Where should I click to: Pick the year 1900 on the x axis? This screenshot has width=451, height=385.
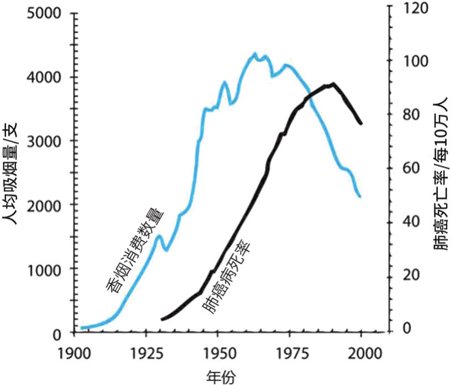(74, 352)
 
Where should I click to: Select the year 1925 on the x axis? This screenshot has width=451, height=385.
(146, 352)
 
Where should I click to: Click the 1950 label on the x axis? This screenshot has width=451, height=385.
(218, 352)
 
